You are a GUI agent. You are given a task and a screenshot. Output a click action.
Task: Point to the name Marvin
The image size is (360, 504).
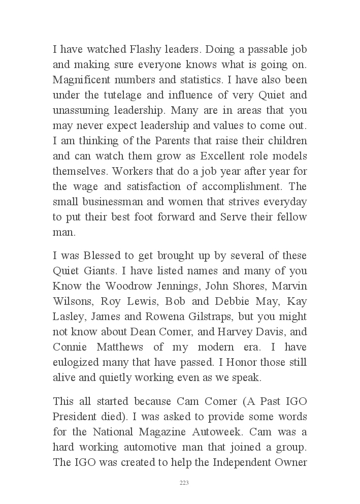pos(289,286)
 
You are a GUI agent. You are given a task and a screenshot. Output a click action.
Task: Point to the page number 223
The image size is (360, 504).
pos(184,483)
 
